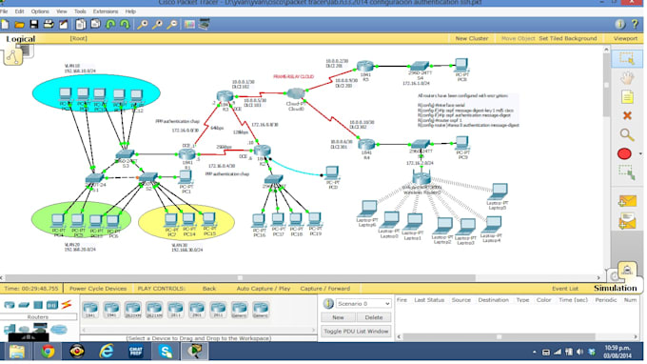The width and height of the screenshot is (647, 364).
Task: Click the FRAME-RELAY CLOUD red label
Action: click(294, 74)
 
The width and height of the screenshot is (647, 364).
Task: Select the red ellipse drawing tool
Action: click(624, 153)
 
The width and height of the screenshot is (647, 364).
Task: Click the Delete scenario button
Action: click(374, 317)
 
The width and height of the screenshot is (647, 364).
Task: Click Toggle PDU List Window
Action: click(356, 331)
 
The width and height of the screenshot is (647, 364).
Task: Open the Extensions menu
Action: click(105, 11)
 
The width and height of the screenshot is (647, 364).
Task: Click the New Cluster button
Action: click(471, 38)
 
